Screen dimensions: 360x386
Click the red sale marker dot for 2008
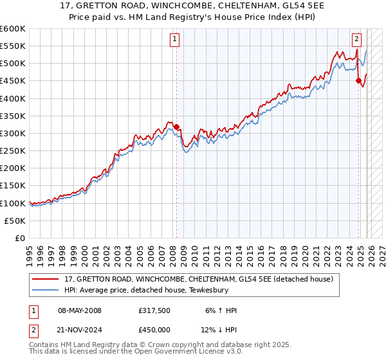point(176,127)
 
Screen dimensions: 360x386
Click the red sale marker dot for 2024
point(358,80)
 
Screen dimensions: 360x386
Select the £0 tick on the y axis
point(19,238)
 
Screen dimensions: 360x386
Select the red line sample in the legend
point(46,279)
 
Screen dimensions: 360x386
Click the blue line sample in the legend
point(46,291)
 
